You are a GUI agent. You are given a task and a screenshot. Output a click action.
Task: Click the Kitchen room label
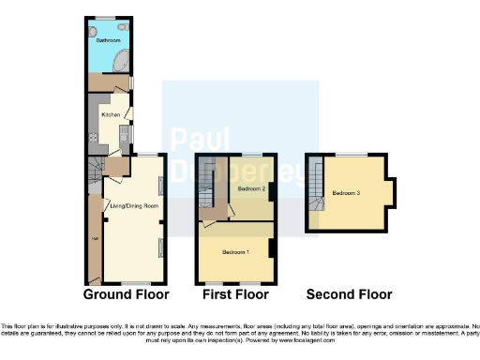click(110, 114)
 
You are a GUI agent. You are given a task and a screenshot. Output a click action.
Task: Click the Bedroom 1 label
click(234, 253)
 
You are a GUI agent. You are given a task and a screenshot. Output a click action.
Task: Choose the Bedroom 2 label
click(250, 189)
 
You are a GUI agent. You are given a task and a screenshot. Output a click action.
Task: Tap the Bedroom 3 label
click(346, 193)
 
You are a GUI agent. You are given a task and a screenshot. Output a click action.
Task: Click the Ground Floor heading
click(127, 294)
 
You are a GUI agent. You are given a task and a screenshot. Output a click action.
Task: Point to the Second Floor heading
click(349, 294)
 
